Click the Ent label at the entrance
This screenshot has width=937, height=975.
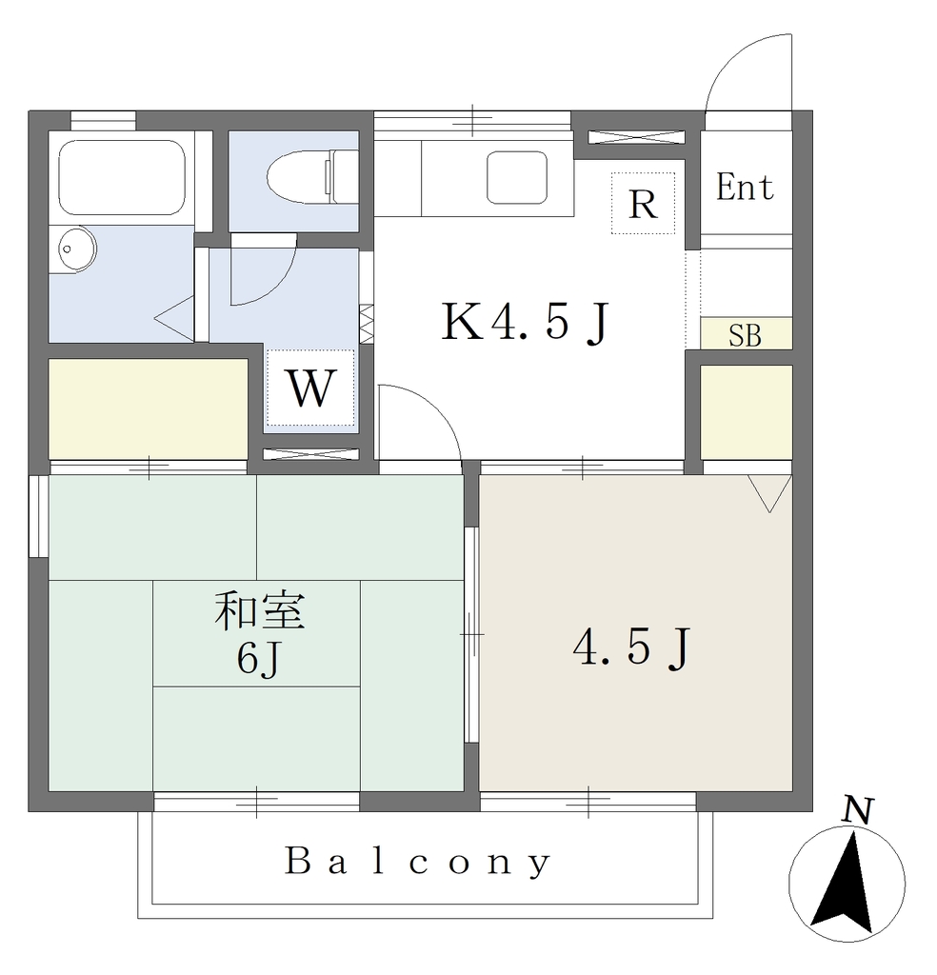coord(745,187)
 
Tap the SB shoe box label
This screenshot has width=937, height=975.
coord(745,335)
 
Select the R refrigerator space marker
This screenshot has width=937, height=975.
coord(643,204)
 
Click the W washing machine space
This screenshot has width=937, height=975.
coord(310,388)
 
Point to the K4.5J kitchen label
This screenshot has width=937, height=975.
coord(525,322)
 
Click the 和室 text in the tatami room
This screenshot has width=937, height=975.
coord(259,610)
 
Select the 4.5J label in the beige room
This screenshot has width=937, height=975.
coord(631,647)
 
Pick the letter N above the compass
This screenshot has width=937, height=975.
coord(857,811)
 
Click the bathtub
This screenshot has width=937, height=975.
coord(121,177)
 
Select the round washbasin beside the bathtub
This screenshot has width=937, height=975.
coord(77,249)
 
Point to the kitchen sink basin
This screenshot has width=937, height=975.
coord(517,178)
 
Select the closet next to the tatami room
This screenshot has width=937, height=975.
coord(149,408)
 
